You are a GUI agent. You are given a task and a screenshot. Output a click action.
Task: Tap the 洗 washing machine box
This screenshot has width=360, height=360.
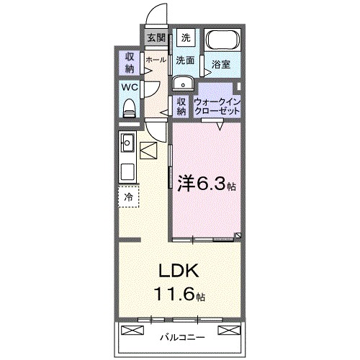tap(186, 37)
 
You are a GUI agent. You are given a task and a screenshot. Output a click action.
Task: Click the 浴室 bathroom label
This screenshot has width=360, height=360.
tap(222, 65)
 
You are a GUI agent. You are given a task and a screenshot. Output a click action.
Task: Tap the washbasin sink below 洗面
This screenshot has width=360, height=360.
tap(181, 81)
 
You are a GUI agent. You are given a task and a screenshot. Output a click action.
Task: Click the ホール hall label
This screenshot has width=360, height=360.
tap(155, 60)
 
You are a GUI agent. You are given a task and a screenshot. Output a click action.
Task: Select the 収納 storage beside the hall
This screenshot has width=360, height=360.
tap(130, 63)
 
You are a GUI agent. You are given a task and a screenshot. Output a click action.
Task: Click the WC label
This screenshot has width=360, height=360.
tap(129, 86)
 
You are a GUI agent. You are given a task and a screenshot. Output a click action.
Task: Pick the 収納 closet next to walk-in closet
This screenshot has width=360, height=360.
tap(181, 107)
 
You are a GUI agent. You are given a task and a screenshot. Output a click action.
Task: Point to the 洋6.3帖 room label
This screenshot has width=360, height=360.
tap(206, 184)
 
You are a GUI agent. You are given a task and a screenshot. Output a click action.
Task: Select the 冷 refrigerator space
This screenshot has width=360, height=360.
tap(129, 195)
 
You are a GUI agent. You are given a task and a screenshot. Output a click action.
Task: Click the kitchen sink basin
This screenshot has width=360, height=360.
tap(129, 140)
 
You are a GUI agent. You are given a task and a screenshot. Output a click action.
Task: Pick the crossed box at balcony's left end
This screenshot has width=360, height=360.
tap(134, 330)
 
